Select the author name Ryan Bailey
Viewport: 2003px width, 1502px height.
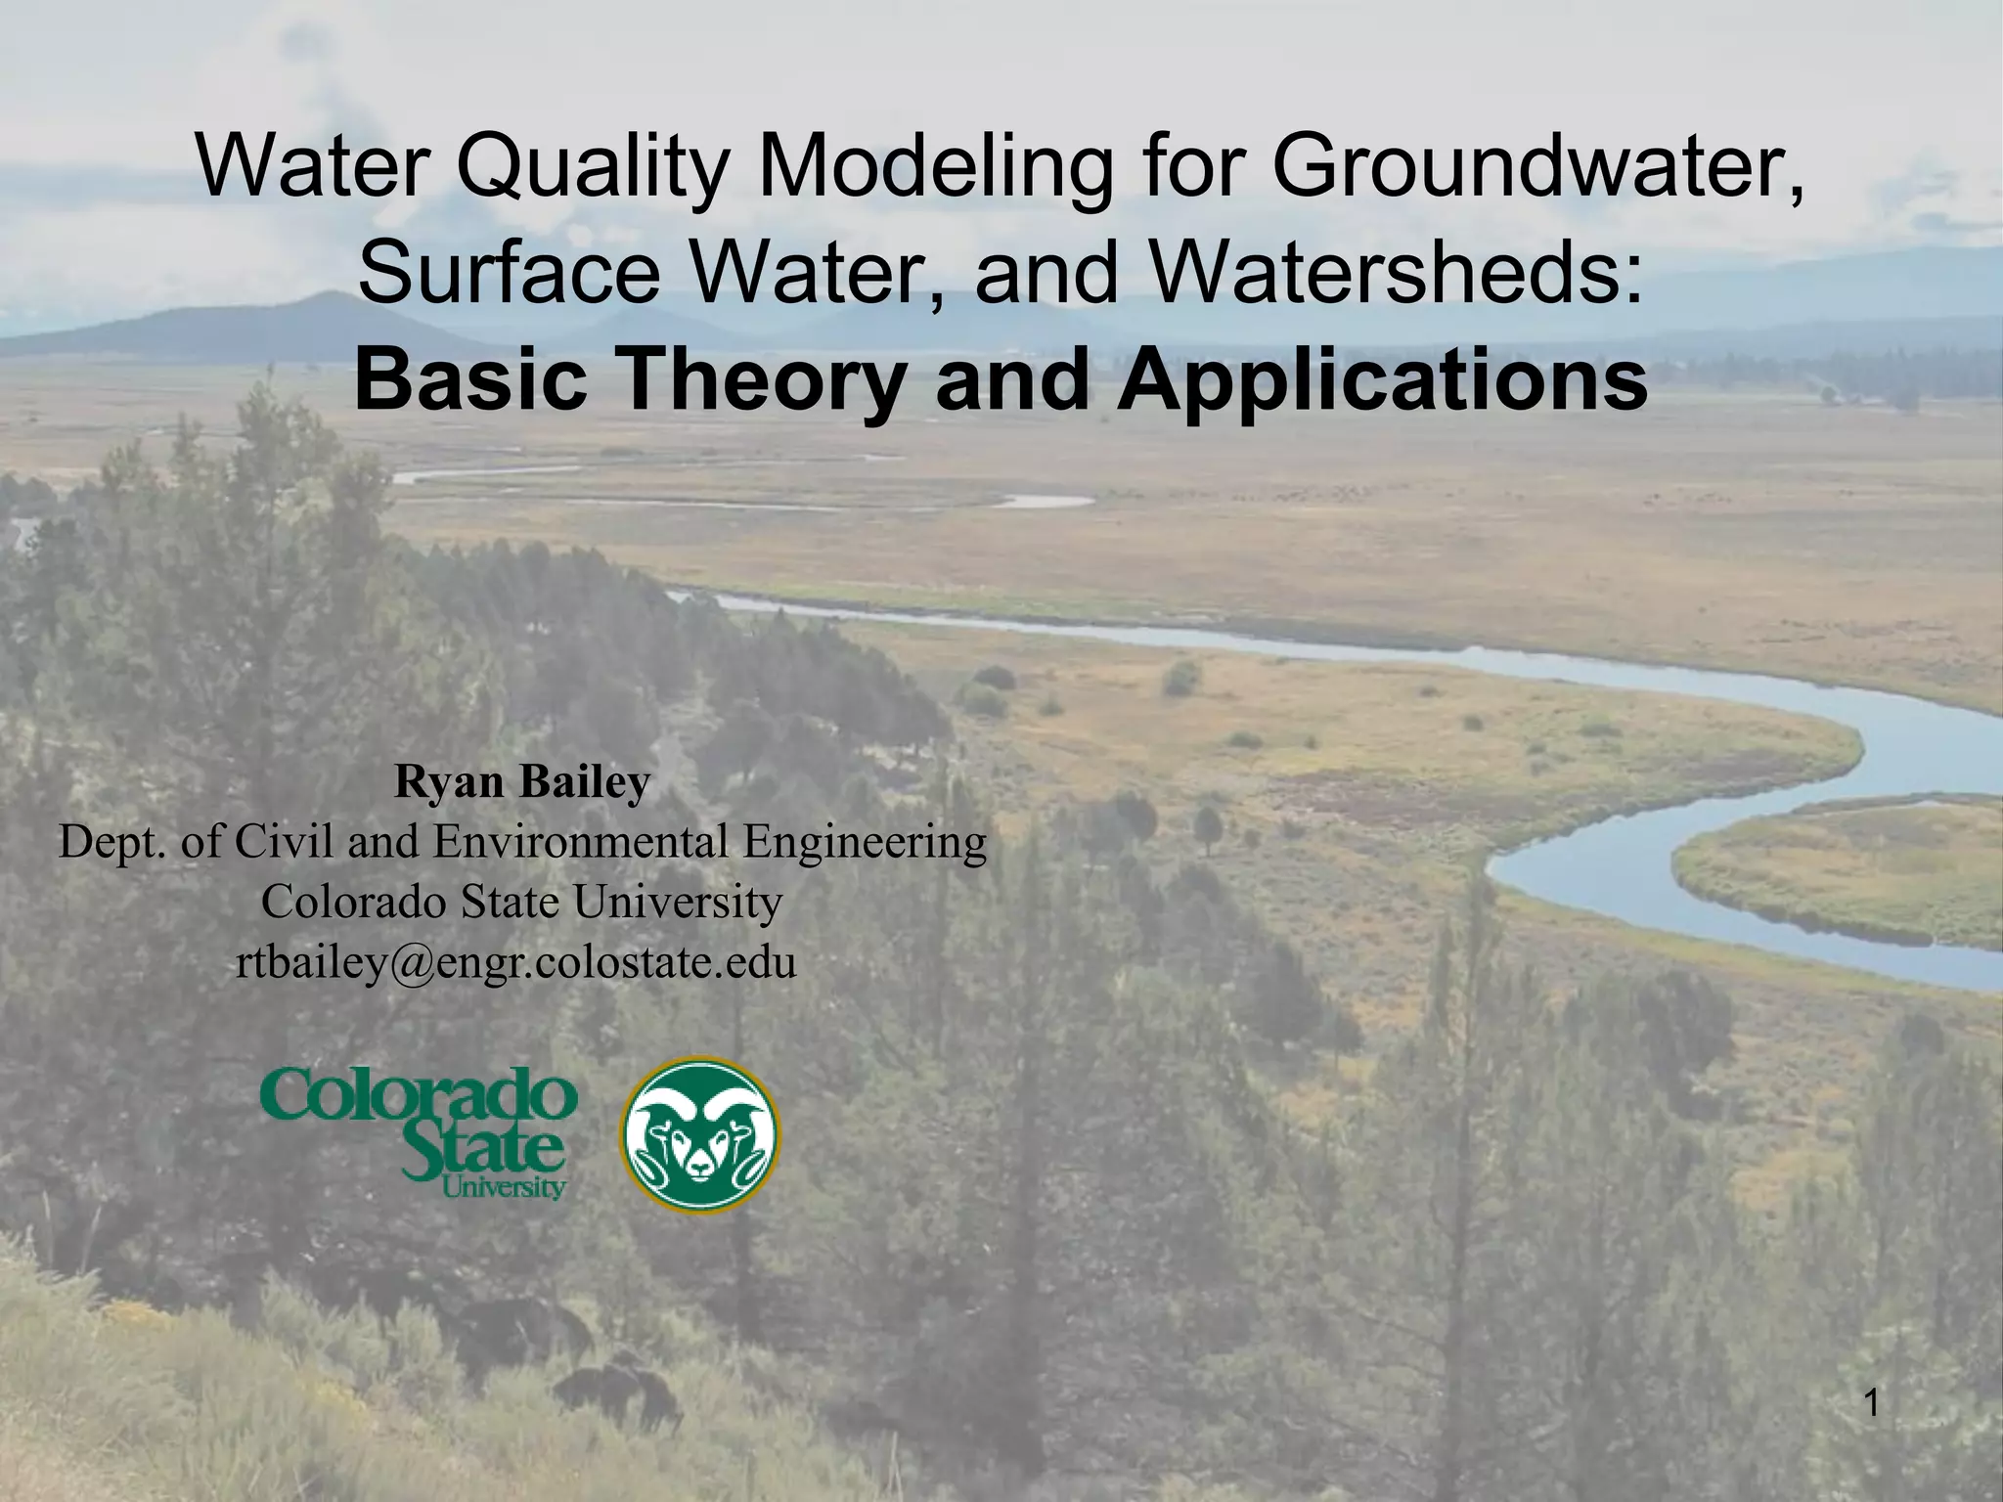coord(522,782)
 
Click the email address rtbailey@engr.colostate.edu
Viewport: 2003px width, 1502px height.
coord(516,963)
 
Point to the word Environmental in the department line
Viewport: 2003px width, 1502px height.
coord(581,842)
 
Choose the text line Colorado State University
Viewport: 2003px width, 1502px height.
coord(521,902)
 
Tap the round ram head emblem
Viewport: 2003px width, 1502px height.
coord(701,1134)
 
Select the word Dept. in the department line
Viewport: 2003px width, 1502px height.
coord(113,842)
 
